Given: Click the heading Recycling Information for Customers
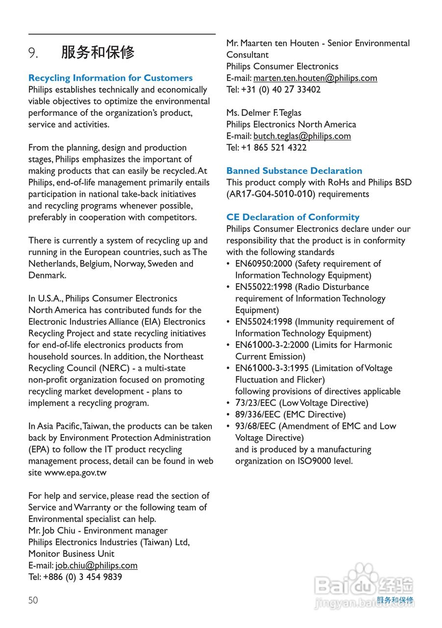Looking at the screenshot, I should pos(110,78).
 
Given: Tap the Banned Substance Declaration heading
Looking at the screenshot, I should pos(294,171).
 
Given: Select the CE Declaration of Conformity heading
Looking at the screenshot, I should pos(293,217).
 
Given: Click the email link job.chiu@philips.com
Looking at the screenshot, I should pos(96,565).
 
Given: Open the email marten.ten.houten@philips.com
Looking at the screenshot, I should pos(315,78).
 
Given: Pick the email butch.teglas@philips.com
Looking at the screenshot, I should pos(302,136).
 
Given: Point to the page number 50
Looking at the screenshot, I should pos(33,600).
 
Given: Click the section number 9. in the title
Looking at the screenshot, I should pos(33,53).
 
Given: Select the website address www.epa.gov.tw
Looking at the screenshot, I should pos(75,472).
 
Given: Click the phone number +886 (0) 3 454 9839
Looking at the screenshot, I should pos(82,577).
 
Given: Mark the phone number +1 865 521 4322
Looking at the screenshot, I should pos(273,148).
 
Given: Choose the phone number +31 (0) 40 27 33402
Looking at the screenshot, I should pos(281,90).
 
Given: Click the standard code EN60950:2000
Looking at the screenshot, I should pos(264,263).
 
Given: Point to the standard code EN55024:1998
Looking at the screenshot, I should pos(264,322).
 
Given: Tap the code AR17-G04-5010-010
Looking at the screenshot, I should pos(270,194).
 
